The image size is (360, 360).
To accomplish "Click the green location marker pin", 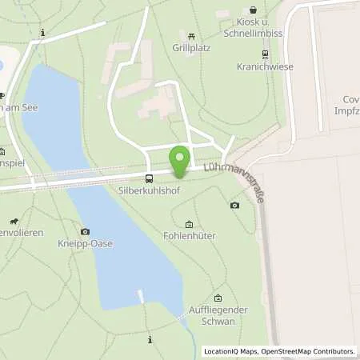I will (x=181, y=160).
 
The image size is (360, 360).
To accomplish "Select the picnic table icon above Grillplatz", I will (x=192, y=35).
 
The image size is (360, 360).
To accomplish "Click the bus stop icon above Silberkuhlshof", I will (x=149, y=179).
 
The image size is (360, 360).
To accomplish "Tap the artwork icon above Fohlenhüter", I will (x=189, y=224).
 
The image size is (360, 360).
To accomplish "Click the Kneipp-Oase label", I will (x=86, y=243).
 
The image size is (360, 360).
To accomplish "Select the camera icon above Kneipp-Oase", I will (x=85, y=231).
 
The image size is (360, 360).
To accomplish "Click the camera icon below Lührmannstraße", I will (x=234, y=206).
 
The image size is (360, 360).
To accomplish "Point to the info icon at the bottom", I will (x=150, y=340).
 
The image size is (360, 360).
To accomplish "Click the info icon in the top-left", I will (x=42, y=33).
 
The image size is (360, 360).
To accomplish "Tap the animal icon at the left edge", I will (x=14, y=222).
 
